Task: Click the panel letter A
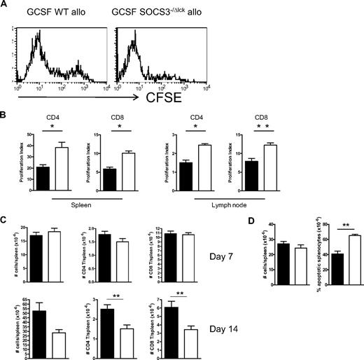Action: [x=6, y=6]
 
